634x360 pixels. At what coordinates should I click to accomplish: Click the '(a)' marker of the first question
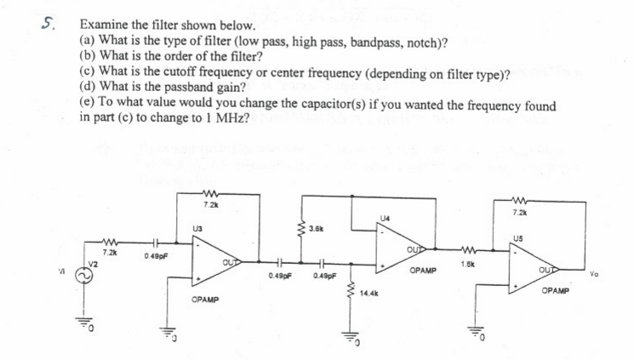point(88,41)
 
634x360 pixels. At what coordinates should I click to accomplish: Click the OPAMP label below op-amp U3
point(206,301)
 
